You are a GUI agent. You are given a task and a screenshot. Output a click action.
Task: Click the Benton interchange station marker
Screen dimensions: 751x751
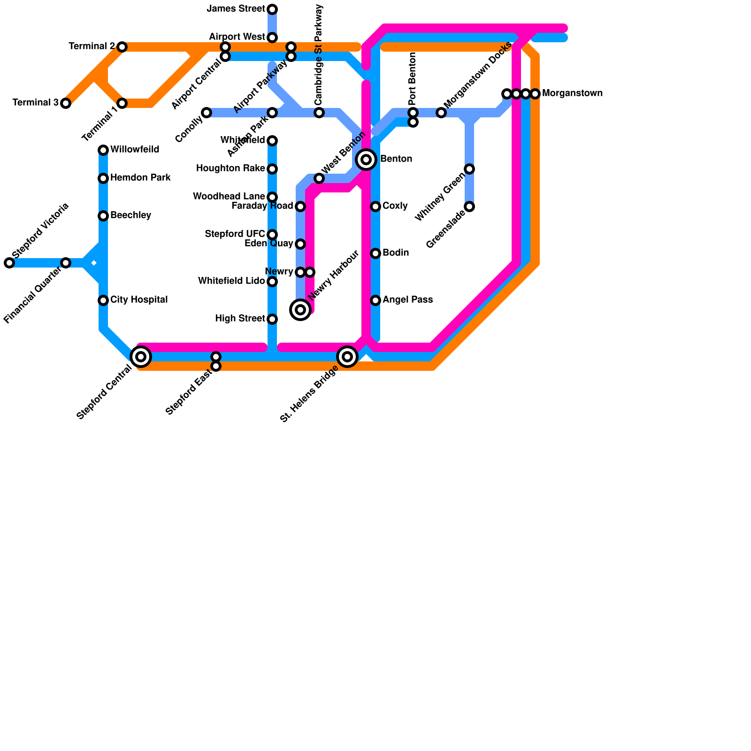pyautogui.click(x=366, y=160)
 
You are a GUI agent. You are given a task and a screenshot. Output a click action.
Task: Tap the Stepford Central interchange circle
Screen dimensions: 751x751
pyautogui.click(x=141, y=357)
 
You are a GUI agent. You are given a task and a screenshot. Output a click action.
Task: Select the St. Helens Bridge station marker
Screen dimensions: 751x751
pyautogui.click(x=347, y=357)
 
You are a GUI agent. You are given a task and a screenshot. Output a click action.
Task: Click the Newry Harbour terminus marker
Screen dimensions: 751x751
pyautogui.click(x=300, y=310)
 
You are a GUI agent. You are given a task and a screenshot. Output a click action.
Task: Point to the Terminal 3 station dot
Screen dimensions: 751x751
pyautogui.click(x=66, y=103)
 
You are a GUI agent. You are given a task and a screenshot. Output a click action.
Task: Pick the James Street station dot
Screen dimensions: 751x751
pyautogui.click(x=272, y=9)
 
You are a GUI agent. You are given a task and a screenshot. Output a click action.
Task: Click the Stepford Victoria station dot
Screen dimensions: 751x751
pyautogui.click(x=9, y=263)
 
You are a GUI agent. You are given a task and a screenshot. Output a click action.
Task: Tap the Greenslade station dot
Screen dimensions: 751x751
pyautogui.click(x=469, y=207)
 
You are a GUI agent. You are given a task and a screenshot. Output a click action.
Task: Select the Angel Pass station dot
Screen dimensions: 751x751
pyautogui.click(x=375, y=300)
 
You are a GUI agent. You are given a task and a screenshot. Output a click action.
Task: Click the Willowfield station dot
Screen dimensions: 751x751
pyautogui.click(x=103, y=150)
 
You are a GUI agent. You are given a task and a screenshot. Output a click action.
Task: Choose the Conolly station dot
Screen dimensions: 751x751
pyautogui.click(x=207, y=113)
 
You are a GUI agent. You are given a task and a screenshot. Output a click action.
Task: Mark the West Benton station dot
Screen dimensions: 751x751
pyautogui.click(x=319, y=178)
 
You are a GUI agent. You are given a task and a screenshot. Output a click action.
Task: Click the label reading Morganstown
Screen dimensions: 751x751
pyautogui.click(x=572, y=93)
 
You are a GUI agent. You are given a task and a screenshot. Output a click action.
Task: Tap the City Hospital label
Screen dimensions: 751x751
pyautogui.click(x=139, y=300)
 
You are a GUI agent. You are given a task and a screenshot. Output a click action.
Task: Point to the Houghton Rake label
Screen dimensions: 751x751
pyautogui.click(x=230, y=169)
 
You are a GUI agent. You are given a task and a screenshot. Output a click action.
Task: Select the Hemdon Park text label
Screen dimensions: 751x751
pyautogui.click(x=140, y=178)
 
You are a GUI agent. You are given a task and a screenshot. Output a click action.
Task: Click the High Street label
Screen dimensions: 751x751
pyautogui.click(x=240, y=319)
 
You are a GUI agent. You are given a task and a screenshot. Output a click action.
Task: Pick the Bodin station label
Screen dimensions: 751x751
pyautogui.click(x=396, y=253)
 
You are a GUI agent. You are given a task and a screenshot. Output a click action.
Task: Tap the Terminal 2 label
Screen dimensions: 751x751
pyautogui.click(x=92, y=46)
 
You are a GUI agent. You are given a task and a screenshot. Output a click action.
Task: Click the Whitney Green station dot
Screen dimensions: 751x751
pyautogui.click(x=469, y=169)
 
